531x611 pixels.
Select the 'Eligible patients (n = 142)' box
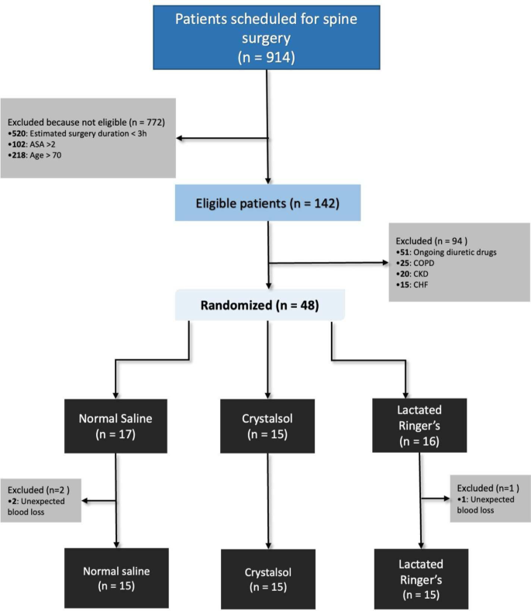(x=267, y=205)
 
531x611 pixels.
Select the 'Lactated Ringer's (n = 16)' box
(x=420, y=424)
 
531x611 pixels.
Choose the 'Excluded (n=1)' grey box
(x=490, y=499)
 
